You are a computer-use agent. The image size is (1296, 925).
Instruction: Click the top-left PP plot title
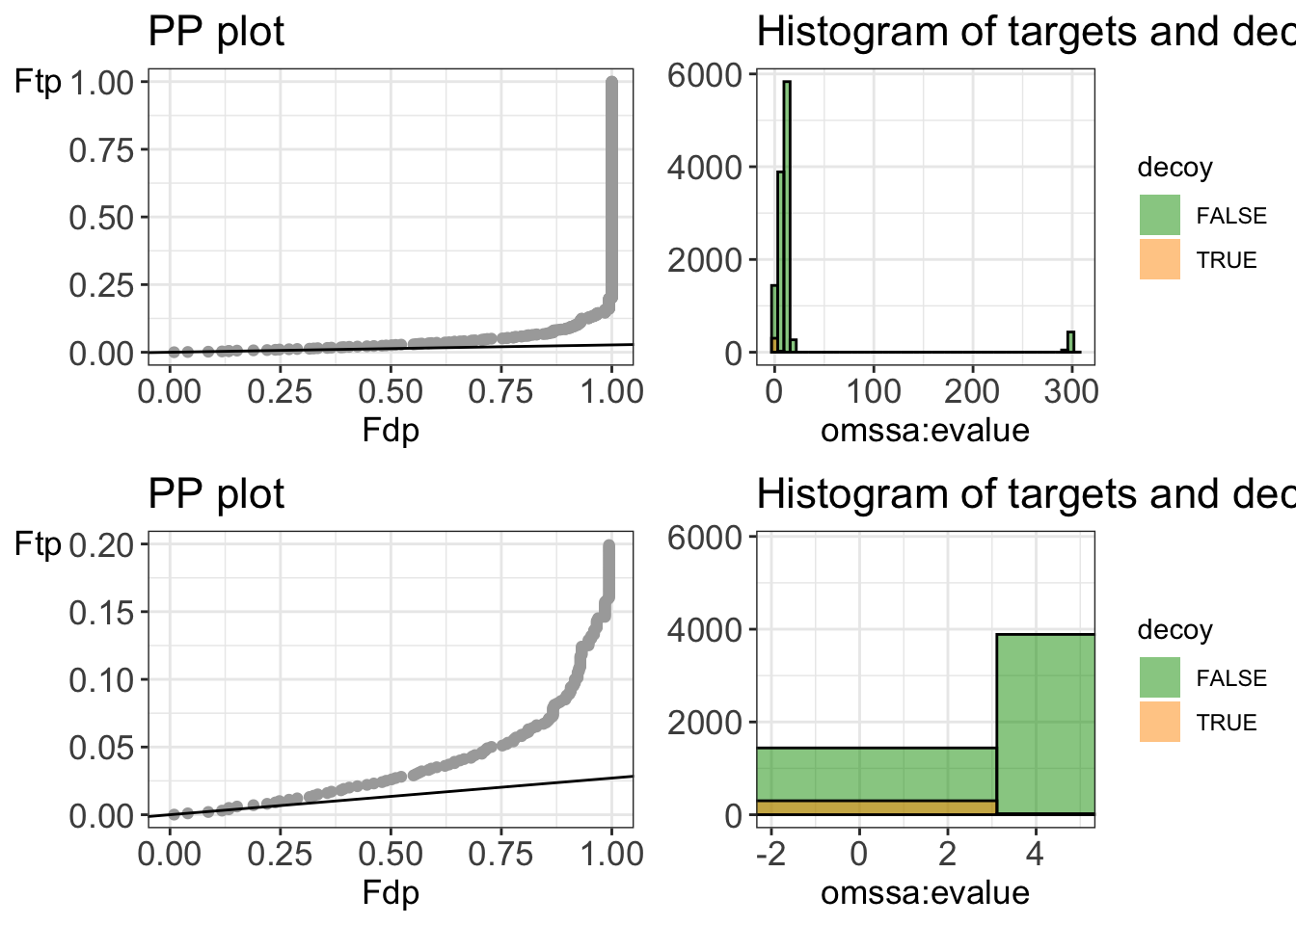(x=216, y=32)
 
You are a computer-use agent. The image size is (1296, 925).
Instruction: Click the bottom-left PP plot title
(x=216, y=494)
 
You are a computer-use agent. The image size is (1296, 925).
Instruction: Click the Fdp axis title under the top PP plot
(x=391, y=430)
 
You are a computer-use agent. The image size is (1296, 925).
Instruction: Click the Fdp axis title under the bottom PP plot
(x=391, y=892)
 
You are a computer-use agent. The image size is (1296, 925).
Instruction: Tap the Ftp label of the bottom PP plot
(x=39, y=545)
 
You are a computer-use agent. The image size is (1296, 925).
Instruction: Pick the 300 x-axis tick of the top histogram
(x=1071, y=391)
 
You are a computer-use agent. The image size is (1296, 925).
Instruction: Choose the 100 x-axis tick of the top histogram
(x=873, y=391)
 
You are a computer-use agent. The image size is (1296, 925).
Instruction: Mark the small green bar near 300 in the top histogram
(x=1070, y=342)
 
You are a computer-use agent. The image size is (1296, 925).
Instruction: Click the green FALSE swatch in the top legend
(x=1159, y=216)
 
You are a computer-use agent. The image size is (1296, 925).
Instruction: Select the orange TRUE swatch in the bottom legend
(x=1159, y=723)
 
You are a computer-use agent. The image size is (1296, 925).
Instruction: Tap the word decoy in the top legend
(x=1174, y=168)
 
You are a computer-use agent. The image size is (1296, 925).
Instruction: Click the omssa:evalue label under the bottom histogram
(x=925, y=892)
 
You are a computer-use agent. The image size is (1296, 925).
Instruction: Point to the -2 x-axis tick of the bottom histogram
(x=771, y=854)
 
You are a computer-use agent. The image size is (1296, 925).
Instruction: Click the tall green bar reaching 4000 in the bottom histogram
(x=1045, y=723)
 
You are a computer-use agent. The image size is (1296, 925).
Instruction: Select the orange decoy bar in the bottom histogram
(x=876, y=807)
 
